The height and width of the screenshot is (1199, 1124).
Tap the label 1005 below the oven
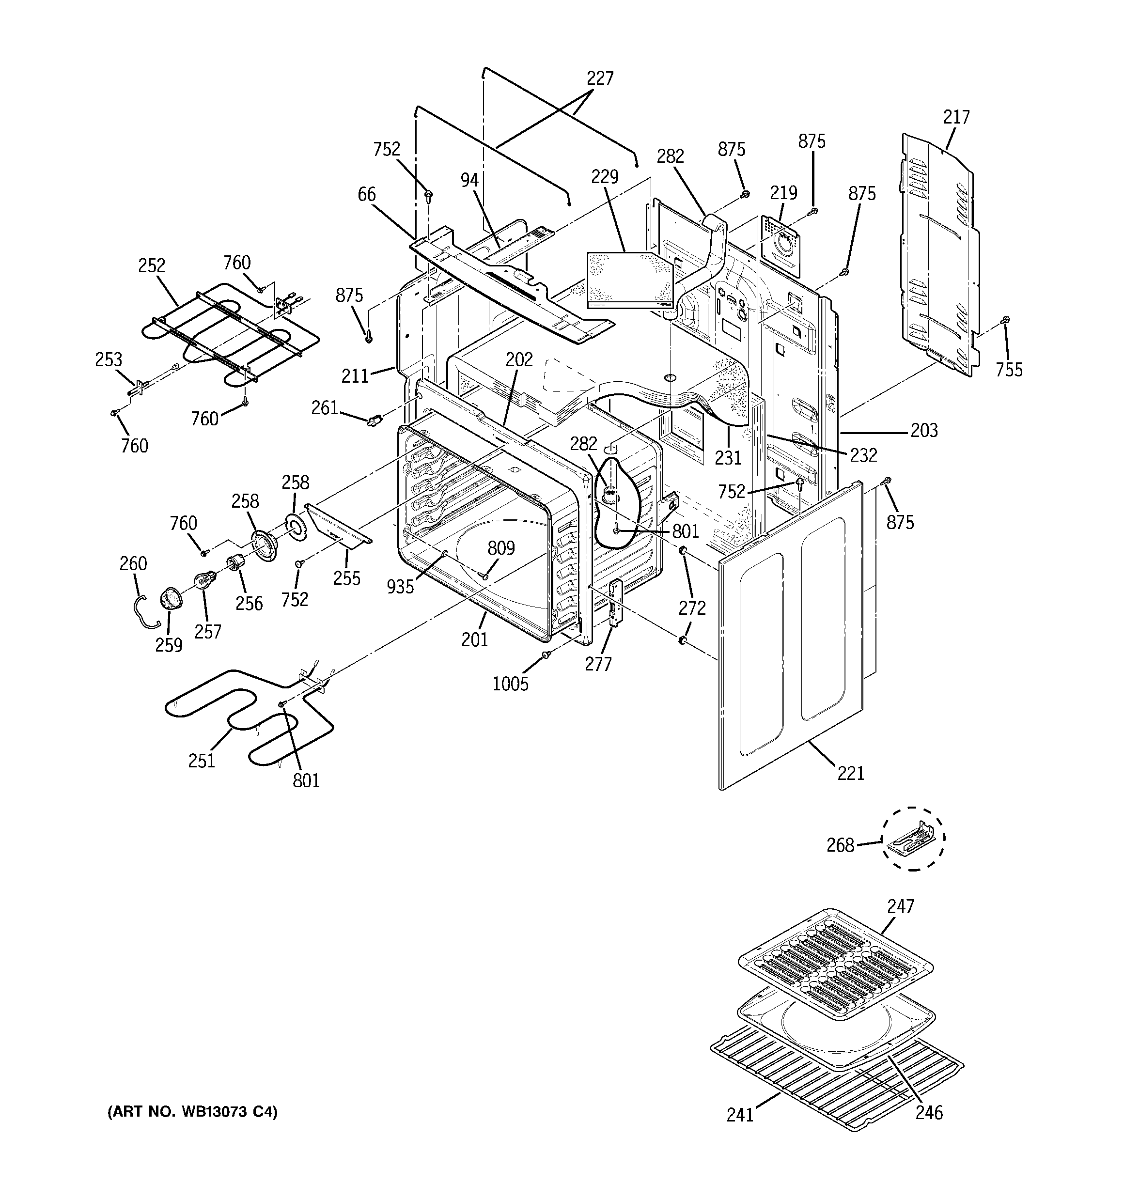coord(511,684)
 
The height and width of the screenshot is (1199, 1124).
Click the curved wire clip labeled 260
coord(142,610)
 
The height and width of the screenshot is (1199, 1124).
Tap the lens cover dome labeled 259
coord(171,601)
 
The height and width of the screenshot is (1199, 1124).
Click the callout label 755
coord(1009,369)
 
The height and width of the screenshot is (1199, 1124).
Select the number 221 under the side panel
coord(851,773)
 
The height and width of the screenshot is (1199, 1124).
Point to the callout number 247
coord(900,923)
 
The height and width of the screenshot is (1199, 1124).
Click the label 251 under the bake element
coord(202,761)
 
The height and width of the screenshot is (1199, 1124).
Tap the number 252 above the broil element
coord(152,265)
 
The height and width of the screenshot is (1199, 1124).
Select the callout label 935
coord(400,586)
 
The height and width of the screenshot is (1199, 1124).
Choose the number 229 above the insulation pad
coord(605,177)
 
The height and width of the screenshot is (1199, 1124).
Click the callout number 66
coord(366,194)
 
